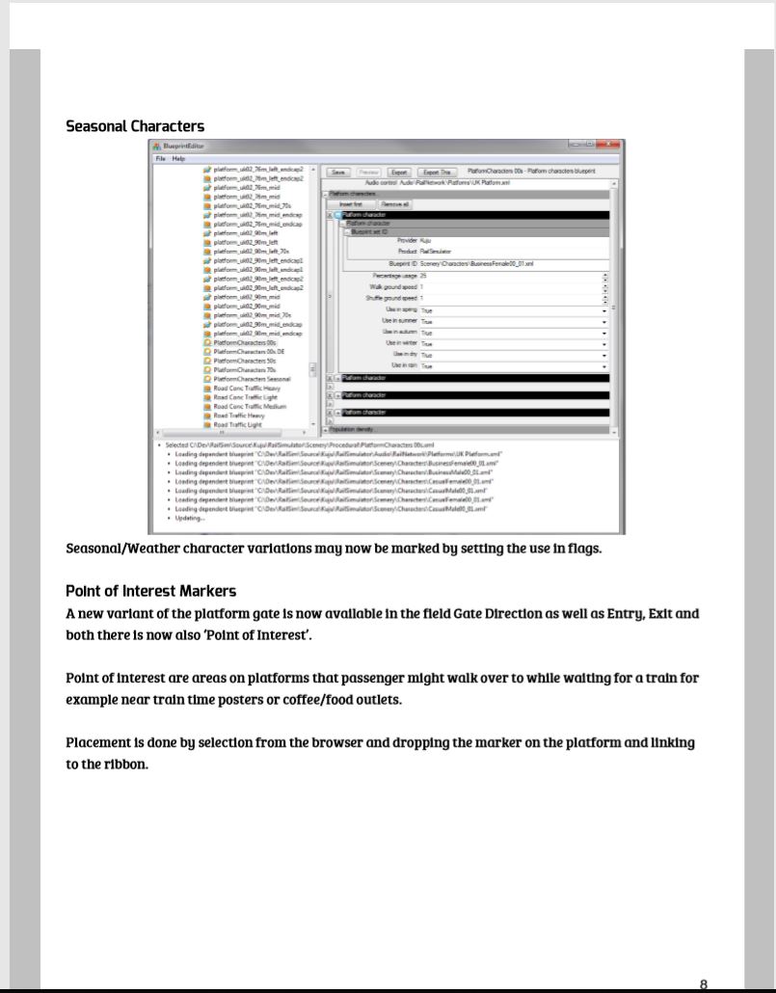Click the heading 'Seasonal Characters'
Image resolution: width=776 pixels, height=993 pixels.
[x=135, y=126]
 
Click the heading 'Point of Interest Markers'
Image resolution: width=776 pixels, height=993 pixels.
[x=150, y=591]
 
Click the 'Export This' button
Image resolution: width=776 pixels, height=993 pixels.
[x=434, y=172]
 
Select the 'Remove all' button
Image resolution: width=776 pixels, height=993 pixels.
[x=395, y=204]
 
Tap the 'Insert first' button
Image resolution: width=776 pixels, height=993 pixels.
[x=351, y=204]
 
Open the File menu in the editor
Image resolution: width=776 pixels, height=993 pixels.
[x=161, y=158]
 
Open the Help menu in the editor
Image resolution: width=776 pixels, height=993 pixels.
[x=178, y=158]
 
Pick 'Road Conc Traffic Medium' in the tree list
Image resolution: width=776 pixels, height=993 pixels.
[x=250, y=407]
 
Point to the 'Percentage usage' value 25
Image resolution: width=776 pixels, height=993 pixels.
[x=423, y=276]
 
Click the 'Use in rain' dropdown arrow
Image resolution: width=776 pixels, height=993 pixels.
[x=604, y=366]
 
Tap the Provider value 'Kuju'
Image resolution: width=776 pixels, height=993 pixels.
[x=425, y=240]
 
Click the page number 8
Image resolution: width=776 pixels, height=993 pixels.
[x=703, y=984]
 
